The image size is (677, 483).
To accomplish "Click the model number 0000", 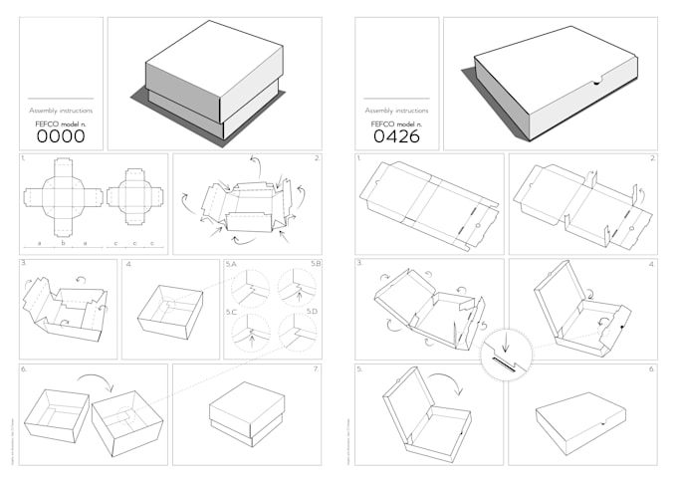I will pyautogui.click(x=61, y=137).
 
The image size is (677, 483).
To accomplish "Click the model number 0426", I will pyautogui.click(x=397, y=137).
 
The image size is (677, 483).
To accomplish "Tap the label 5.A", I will pyautogui.click(x=231, y=265).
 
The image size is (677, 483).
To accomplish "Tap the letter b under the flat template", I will pyautogui.click(x=63, y=243).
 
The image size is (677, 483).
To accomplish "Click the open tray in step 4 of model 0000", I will pyautogui.click(x=171, y=311).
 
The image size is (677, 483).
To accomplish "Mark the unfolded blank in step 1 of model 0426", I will pyautogui.click(x=428, y=202).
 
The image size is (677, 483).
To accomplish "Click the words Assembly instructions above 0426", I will pyautogui.click(x=397, y=111).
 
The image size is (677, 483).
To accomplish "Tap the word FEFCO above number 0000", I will pyautogui.click(x=47, y=123).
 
